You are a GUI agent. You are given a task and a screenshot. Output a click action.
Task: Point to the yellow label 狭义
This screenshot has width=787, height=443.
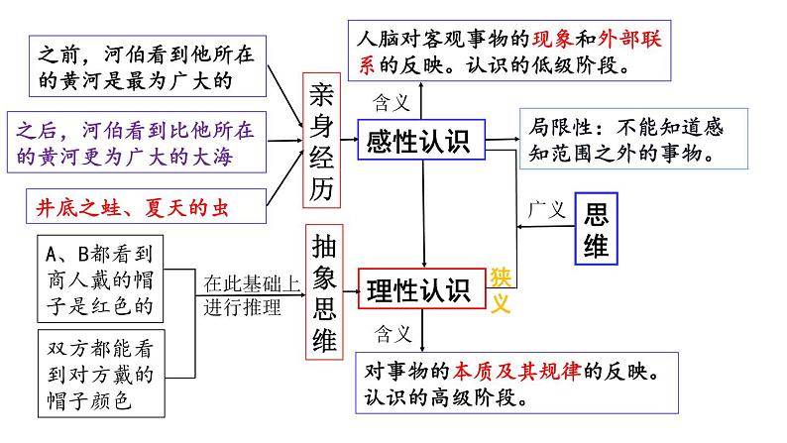[x=501, y=289]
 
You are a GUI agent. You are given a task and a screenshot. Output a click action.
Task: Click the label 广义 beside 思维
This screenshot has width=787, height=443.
[x=546, y=211]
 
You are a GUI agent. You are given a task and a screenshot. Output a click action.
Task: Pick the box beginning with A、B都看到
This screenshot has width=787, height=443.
[x=99, y=277]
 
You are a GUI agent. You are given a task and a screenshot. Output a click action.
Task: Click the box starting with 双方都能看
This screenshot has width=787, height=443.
[x=99, y=374]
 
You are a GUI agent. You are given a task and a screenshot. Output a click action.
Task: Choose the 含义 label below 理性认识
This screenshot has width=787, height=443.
[x=391, y=330]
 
